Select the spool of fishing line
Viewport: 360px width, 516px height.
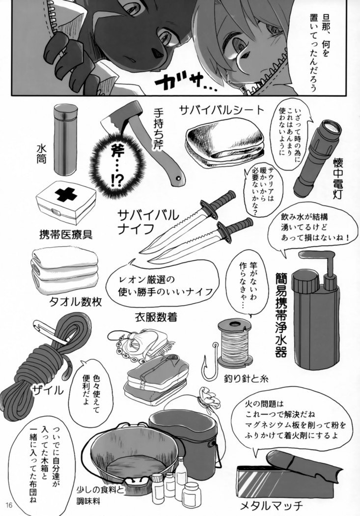tap(234, 343)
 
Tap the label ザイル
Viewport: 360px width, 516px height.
tap(47, 391)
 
